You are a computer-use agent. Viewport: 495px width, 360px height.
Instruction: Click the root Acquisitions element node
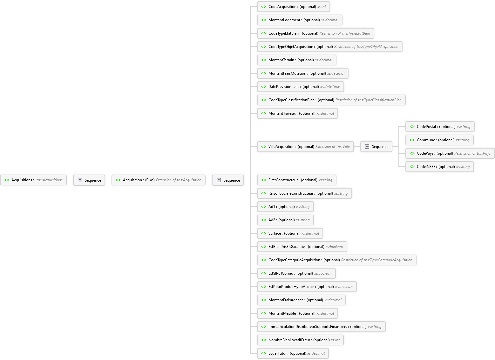pos(33,180)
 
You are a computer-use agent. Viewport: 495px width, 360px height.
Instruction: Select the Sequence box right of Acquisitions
pos(89,180)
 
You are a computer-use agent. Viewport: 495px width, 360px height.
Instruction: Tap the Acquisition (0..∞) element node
pos(159,180)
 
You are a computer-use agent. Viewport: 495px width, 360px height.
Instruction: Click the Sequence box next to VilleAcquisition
pos(376,147)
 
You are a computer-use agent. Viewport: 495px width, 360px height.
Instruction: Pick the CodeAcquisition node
pos(294,7)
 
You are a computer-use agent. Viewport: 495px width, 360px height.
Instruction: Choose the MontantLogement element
pos(300,20)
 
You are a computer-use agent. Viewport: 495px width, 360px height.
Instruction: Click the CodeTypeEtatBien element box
pos(315,33)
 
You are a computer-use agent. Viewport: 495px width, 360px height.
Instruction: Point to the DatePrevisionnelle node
pos(301,87)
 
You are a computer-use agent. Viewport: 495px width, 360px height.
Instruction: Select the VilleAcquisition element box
pos(305,147)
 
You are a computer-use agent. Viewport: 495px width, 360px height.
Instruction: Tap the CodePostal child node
pos(440,127)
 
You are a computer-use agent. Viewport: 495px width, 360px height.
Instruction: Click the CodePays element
pos(450,154)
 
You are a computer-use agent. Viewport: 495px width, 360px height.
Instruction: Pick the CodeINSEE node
pos(440,167)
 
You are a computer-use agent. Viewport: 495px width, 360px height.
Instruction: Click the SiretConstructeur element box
pos(296,180)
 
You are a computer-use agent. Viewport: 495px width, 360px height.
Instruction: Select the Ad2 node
pos(285,220)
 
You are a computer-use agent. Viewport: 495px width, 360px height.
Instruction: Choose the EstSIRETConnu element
pos(296,273)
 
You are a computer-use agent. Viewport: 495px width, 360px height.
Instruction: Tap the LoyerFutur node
pos(293,353)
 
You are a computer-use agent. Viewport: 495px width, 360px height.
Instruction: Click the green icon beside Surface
pos(264,233)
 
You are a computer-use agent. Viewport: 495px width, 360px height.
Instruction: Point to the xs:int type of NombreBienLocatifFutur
pos(335,340)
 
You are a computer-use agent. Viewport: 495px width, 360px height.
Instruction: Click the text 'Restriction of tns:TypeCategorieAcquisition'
pos(376,260)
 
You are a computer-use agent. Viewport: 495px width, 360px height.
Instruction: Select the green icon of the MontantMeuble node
pos(264,313)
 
